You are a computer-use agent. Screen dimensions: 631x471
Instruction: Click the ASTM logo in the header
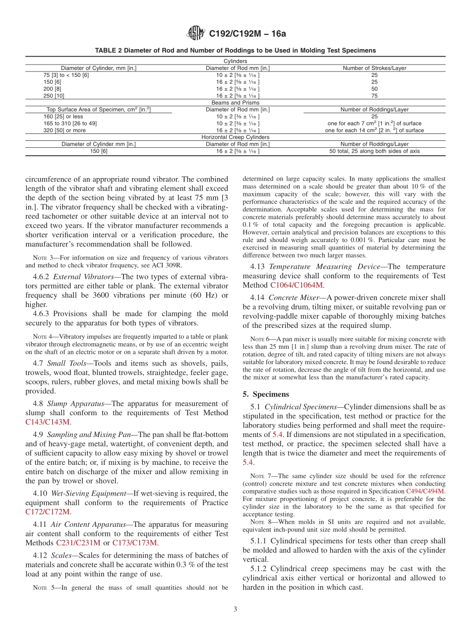tap(196, 33)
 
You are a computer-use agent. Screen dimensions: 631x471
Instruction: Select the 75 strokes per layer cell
tap(374, 95)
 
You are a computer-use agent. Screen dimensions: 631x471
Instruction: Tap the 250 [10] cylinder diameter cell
tap(54, 95)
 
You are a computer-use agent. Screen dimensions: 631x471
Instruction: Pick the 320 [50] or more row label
tap(64, 130)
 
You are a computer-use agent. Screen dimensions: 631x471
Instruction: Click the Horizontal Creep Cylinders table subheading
tap(235, 137)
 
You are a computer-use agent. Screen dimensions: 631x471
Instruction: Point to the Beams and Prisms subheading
tap(235, 103)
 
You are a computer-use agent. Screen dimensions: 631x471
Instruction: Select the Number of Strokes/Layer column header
tap(374, 68)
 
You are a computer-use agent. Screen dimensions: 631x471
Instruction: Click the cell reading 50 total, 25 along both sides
tap(374, 151)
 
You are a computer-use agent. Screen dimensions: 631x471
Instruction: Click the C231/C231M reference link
tap(78, 543)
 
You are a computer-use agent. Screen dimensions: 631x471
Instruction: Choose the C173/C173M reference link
tap(135, 543)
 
